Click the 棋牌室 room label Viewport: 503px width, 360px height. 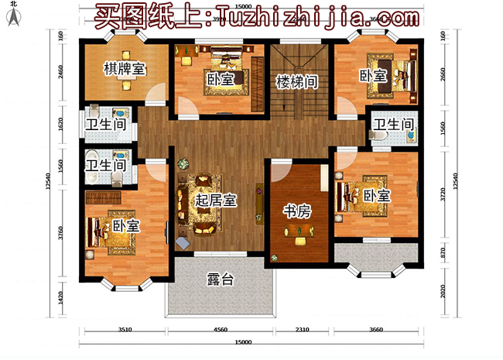(x=125, y=69)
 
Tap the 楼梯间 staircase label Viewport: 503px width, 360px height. (x=294, y=80)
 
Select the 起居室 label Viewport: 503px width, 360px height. (x=216, y=200)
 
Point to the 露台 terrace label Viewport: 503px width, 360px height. (x=221, y=280)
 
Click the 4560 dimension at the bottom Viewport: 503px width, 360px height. (x=221, y=329)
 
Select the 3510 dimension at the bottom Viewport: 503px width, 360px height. (x=124, y=329)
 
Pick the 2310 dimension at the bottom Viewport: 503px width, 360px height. (x=304, y=329)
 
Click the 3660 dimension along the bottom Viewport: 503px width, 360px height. (x=376, y=329)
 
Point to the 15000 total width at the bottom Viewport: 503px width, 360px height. (x=243, y=342)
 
